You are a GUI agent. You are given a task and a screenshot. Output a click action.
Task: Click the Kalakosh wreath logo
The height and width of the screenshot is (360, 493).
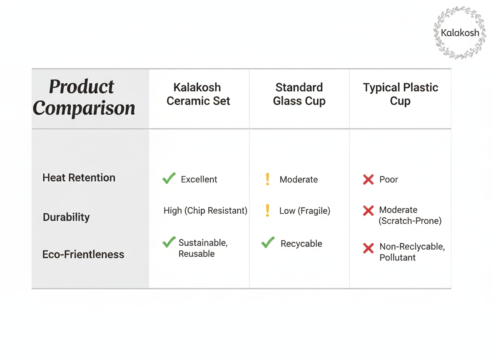tap(460, 32)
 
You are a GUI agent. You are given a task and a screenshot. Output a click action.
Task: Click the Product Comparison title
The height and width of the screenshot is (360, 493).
tap(84, 97)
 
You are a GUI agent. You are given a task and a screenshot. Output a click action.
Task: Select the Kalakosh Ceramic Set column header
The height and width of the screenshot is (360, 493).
tap(198, 94)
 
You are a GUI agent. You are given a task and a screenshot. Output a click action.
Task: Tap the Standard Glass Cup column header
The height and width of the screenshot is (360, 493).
tap(299, 94)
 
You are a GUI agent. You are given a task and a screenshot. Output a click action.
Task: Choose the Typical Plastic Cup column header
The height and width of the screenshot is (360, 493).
tap(400, 94)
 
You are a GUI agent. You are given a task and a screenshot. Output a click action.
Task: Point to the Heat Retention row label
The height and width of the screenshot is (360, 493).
tap(79, 178)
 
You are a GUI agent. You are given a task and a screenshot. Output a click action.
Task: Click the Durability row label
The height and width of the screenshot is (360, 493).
tap(66, 217)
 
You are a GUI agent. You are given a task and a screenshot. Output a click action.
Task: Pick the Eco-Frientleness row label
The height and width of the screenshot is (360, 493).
tap(83, 254)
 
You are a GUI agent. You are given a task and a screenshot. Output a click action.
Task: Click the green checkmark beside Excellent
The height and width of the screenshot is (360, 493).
tap(169, 178)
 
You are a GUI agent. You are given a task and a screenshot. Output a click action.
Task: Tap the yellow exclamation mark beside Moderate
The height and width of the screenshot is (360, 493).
tap(268, 179)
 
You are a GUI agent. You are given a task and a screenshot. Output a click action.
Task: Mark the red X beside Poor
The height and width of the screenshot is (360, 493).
tap(368, 179)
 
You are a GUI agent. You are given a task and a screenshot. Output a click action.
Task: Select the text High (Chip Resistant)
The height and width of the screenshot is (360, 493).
tap(205, 210)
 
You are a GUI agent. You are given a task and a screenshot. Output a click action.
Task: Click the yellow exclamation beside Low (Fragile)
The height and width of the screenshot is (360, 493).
tap(268, 210)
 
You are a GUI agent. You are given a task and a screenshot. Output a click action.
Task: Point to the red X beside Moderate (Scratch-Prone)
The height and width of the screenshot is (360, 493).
tap(368, 210)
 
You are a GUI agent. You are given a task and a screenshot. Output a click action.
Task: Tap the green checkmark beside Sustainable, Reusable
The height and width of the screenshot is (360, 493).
tap(169, 242)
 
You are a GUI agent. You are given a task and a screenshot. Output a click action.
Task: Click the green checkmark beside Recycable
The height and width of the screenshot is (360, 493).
tap(268, 242)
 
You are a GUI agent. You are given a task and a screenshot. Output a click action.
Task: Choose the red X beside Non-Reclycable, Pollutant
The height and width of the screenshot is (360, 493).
tap(368, 248)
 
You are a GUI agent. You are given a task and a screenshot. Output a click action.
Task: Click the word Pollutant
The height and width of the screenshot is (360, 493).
tap(397, 257)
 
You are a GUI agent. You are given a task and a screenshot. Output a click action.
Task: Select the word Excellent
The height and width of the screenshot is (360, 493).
tap(199, 179)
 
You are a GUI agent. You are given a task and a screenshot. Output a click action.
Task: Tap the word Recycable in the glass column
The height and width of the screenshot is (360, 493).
tap(301, 244)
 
